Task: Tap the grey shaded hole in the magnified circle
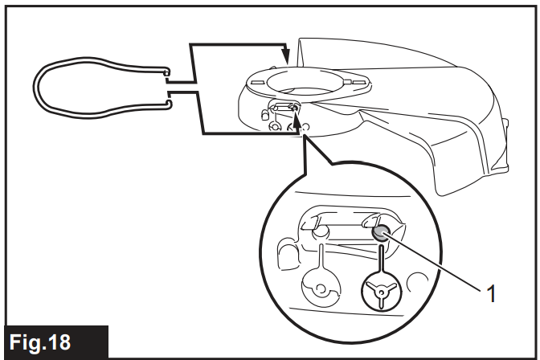pos(380,234)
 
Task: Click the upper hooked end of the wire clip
pos(166,73)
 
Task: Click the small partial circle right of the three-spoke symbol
pos(415,283)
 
